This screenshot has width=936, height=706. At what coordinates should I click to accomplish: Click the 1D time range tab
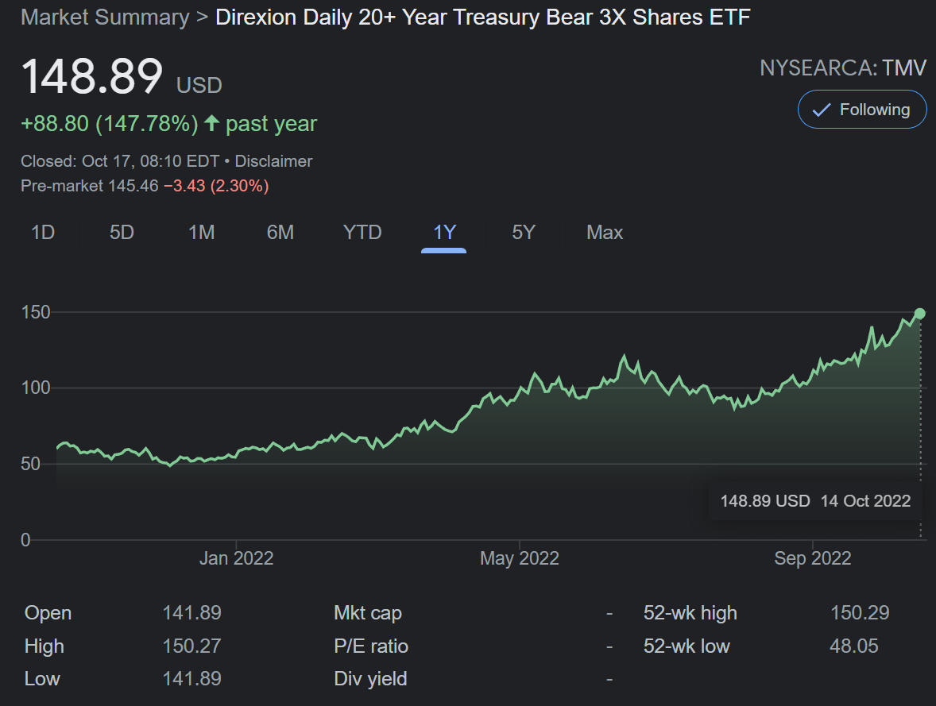[x=43, y=232]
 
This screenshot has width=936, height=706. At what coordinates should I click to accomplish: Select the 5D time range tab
[x=122, y=232]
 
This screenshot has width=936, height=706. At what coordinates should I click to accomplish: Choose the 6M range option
[x=280, y=232]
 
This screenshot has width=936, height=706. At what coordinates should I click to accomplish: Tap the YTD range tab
[x=362, y=232]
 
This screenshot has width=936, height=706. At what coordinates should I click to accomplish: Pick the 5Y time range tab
[x=524, y=232]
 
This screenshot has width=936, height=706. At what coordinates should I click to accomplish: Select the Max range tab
[x=605, y=232]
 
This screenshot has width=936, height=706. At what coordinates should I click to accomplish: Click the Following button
[x=862, y=110]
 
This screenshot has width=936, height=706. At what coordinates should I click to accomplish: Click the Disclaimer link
[x=273, y=161]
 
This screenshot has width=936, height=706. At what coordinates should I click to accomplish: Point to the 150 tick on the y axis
[x=36, y=312]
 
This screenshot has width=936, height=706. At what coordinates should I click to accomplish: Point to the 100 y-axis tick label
[x=36, y=388]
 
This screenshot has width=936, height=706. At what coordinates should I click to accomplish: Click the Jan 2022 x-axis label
[x=237, y=558]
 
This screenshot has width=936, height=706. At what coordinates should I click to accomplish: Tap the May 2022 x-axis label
[x=520, y=558]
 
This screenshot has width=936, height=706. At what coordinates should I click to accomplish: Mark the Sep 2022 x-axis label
[x=812, y=558]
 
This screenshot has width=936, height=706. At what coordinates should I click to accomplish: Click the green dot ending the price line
[x=920, y=314]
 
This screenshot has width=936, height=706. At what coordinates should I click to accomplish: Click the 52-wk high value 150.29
[x=860, y=613]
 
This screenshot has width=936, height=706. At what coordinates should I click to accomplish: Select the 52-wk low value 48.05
[x=853, y=646]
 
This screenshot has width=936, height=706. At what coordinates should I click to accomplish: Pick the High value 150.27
[x=191, y=646]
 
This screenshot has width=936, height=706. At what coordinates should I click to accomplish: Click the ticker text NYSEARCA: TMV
[x=843, y=68]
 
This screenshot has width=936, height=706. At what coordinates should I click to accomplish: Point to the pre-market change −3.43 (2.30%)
[x=216, y=186]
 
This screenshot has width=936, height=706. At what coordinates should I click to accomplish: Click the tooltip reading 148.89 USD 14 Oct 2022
[x=815, y=500]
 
